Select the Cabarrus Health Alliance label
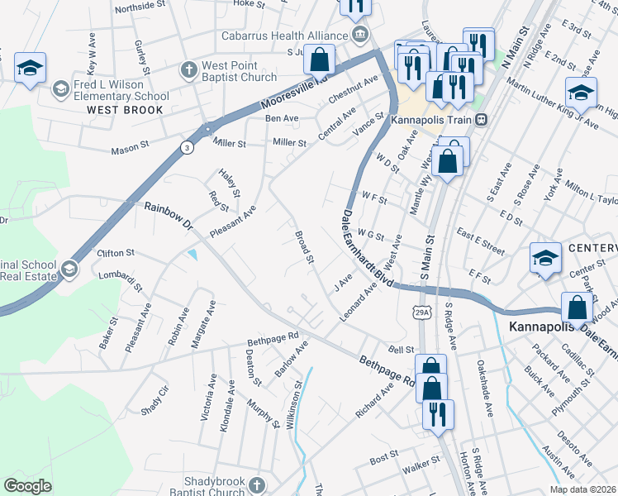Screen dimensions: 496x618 click(x=284, y=36)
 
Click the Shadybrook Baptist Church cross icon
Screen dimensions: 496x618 click(x=257, y=484)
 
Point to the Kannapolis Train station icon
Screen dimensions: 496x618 click(x=481, y=119)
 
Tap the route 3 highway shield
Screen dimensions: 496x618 click(x=188, y=147)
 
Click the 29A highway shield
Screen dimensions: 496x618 click(x=421, y=312)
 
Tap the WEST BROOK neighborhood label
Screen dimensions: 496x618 click(x=125, y=109)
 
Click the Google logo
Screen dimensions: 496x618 click(x=28, y=486)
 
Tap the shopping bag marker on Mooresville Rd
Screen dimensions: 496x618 click(x=319, y=60)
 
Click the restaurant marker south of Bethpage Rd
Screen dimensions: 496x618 click(x=436, y=413)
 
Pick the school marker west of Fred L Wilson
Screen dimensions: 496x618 click(x=30, y=69)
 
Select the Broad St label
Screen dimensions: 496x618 click(x=305, y=247)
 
